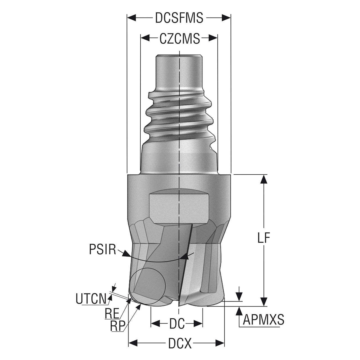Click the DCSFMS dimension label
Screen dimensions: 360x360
point(179,18)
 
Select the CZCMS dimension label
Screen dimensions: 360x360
point(179,39)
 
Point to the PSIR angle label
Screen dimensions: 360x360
point(103,249)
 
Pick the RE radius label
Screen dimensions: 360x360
point(112,314)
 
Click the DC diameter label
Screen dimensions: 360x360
point(177,323)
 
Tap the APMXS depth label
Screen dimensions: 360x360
point(263,319)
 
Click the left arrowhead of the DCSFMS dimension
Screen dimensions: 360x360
point(131,18)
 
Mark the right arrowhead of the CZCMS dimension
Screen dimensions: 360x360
point(213,38)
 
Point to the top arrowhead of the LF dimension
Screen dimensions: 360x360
point(264,179)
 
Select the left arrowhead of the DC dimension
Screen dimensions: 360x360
point(155,323)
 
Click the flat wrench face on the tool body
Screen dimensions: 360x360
point(179,208)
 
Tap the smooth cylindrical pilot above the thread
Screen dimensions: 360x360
point(179,72)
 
